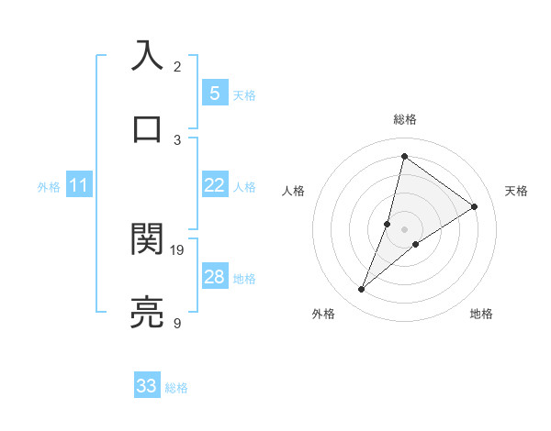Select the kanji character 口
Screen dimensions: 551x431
(147, 129)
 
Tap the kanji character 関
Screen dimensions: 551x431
(147, 239)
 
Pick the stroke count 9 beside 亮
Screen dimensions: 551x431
(177, 323)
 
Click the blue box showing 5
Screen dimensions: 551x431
(214, 94)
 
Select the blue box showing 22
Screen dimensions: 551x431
(214, 185)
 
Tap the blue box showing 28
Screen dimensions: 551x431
(214, 277)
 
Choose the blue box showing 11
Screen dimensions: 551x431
(79, 185)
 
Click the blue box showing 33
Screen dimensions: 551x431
(147, 386)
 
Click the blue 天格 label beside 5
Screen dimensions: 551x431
(244, 95)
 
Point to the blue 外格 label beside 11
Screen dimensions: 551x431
(49, 187)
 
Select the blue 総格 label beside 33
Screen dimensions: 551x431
(176, 388)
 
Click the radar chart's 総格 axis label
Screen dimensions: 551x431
(404, 119)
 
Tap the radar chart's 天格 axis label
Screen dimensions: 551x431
(517, 191)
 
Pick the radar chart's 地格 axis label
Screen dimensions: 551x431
(481, 314)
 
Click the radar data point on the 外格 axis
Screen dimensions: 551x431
(362, 290)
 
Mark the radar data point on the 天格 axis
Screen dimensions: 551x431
(475, 206)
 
